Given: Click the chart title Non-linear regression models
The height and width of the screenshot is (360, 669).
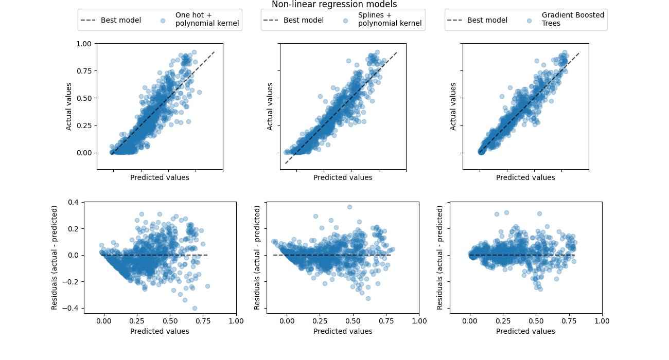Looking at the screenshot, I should (334, 5).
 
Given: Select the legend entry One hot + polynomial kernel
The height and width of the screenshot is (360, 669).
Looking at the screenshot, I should (207, 20).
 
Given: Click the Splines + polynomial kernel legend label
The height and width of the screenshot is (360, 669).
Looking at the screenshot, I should (390, 20).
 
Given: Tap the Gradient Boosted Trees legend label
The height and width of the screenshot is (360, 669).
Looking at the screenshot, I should (573, 20).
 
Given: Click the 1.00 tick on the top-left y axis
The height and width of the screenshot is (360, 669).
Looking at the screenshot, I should (84, 44).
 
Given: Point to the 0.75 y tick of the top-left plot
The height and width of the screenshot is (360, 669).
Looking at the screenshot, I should (84, 71).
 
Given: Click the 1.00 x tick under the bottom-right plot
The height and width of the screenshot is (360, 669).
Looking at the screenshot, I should (602, 320).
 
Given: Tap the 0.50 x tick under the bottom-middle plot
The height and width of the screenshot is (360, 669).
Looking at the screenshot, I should (353, 320).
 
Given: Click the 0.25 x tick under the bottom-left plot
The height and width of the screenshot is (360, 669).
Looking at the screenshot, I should (137, 320).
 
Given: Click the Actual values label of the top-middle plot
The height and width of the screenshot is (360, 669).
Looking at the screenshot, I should (270, 106).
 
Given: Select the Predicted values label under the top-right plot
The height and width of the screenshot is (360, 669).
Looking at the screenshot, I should (525, 177).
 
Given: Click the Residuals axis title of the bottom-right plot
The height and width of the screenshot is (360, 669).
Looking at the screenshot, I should (440, 257).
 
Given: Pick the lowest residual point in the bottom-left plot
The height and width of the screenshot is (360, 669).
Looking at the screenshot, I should (195, 308).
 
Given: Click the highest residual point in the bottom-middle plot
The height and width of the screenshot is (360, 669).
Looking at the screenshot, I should (349, 207).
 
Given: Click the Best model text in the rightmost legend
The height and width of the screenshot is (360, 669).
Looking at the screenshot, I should (487, 20).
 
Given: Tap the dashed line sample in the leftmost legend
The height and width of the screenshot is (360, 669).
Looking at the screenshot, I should (89, 20).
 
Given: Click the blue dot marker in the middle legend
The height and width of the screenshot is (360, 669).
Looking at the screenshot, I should (346, 21).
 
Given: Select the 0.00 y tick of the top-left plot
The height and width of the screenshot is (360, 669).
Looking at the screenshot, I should (84, 152).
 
